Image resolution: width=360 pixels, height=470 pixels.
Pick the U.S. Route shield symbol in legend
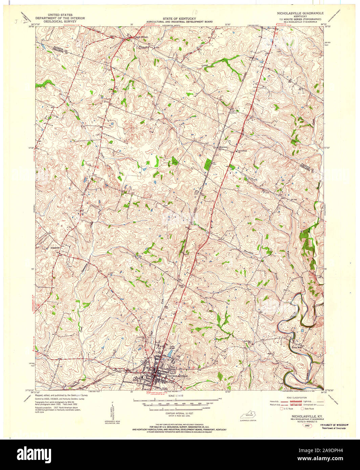click(x=281, y=409)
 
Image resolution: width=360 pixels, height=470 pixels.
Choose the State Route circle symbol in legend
click(x=302, y=409)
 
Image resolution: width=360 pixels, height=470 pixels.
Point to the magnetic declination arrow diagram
click(x=113, y=411)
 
